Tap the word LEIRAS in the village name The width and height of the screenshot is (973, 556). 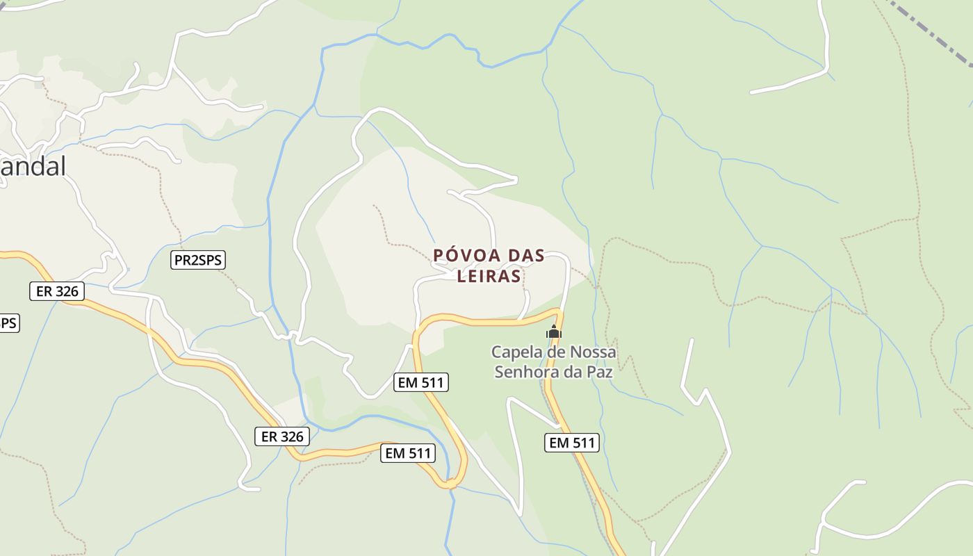[489, 276]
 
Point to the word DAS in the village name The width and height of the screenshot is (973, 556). [526, 256]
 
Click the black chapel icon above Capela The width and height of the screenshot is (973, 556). [553, 332]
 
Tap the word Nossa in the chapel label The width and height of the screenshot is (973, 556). [593, 352]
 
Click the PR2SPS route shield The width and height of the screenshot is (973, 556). [198, 260]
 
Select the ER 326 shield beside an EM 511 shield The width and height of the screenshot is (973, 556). [281, 436]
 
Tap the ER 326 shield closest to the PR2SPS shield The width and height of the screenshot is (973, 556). [57, 291]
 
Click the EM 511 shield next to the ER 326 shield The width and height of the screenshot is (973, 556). [408, 453]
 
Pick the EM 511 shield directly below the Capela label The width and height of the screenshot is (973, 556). [571, 443]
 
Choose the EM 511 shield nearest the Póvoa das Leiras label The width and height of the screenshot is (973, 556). [421, 382]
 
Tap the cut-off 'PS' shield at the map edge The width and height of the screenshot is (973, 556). [8, 323]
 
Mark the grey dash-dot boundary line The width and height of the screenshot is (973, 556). [931, 35]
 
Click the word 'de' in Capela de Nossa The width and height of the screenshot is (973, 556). [554, 352]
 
